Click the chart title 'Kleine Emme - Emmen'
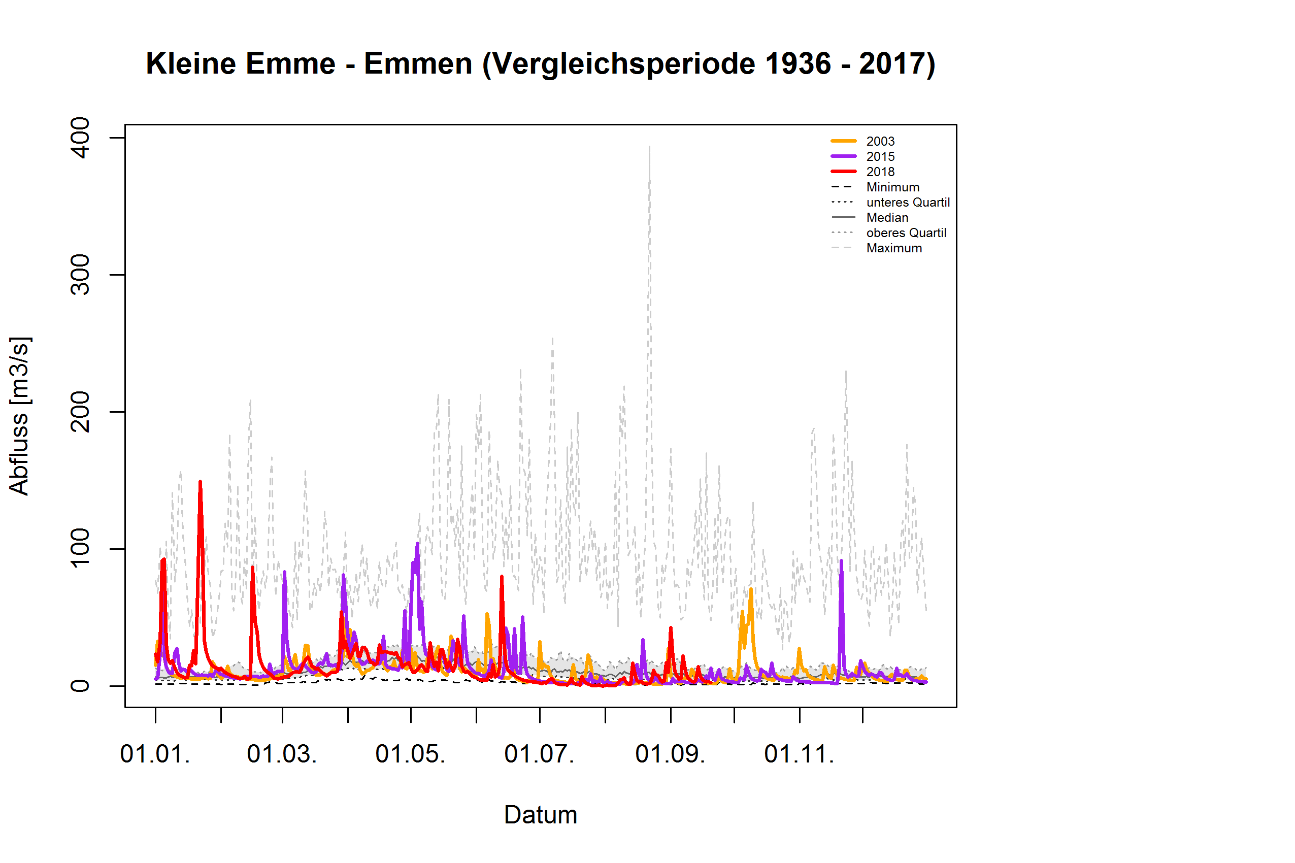coord(540,64)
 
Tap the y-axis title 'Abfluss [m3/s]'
coord(20,416)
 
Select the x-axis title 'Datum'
coord(540,815)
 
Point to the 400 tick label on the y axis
coord(81,138)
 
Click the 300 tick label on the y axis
coord(81,275)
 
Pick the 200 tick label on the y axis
coord(81,412)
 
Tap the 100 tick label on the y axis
coord(81,548)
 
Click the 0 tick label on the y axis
coord(81,686)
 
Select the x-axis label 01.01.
coord(155,754)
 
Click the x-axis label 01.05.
coord(410,754)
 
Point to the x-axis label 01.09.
coord(670,754)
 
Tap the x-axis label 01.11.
coord(799,754)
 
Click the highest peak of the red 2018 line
coord(200,482)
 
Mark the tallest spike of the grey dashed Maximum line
coord(649,148)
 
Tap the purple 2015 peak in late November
coord(841,561)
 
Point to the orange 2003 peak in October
coord(751,589)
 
